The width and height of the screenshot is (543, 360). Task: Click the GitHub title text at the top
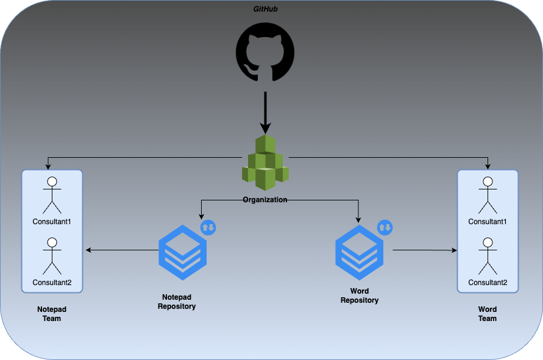[265, 9]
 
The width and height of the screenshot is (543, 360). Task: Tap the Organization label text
[265, 200]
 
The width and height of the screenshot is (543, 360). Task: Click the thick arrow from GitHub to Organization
[265, 112]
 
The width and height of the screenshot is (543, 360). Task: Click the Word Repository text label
[360, 295]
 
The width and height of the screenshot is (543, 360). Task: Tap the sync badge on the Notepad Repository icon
[208, 228]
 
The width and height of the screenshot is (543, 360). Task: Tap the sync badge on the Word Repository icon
[385, 228]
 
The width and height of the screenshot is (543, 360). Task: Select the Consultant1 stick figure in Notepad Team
[52, 194]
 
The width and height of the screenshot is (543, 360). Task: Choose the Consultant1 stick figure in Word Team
[488, 194]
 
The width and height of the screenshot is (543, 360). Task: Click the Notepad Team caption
[52, 314]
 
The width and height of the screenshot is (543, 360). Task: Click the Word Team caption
[488, 314]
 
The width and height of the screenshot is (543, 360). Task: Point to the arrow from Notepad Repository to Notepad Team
[122, 250]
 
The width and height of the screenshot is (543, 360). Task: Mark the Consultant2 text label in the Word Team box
[488, 283]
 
